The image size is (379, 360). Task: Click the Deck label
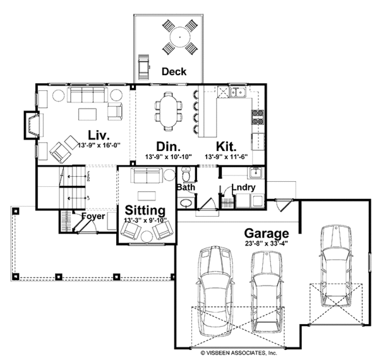(x=174, y=71)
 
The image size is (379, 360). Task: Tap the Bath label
(x=186, y=188)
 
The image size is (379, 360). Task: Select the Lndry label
(x=243, y=188)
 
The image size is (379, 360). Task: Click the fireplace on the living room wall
(x=32, y=125)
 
